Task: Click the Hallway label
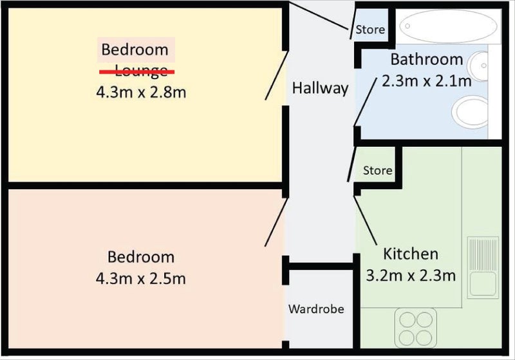pos(320,88)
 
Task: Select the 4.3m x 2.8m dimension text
pos(141,92)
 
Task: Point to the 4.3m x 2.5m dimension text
pos(141,279)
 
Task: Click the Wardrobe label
pos(316,308)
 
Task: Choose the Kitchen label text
pos(411,254)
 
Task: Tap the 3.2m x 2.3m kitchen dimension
pos(411,276)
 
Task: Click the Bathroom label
pos(427,59)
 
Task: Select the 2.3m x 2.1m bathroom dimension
pos(427,81)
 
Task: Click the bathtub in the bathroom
pos(449,26)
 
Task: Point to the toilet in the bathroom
pos(471,112)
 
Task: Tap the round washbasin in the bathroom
pos(477,66)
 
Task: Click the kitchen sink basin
pos(483,284)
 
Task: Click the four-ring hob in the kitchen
pos(416,328)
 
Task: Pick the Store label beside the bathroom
pos(370,30)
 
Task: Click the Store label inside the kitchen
pos(377,171)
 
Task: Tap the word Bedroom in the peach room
pos(141,257)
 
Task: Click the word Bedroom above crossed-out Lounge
pos(135,50)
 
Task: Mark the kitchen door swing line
pos(366,221)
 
